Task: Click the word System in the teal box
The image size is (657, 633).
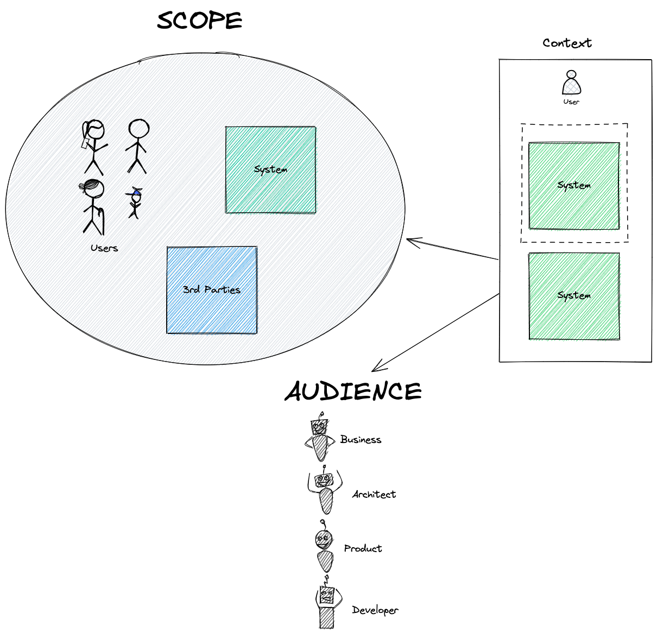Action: coord(270,169)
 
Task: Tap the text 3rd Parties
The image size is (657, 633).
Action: coord(212,289)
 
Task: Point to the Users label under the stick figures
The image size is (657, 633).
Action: coord(104,249)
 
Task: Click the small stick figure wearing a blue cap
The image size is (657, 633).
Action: coord(134,203)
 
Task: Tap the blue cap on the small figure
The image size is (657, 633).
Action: coord(135,192)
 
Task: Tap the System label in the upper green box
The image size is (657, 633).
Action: coord(574,185)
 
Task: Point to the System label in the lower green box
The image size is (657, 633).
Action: coord(574,296)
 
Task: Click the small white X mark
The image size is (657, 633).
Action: coord(571,74)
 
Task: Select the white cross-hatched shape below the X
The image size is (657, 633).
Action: coord(572,88)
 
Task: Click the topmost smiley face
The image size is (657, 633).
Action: coord(319,427)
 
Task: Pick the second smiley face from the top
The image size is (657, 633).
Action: coord(324,480)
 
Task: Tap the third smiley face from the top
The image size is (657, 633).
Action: coord(323,541)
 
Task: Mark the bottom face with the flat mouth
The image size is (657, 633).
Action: coord(327,594)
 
